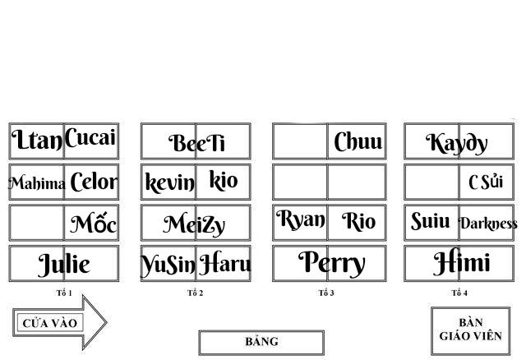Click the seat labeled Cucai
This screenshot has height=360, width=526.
click(90, 139)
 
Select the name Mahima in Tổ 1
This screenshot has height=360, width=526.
click(37, 183)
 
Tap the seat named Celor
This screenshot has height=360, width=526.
click(93, 182)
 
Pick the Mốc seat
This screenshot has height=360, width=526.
click(93, 224)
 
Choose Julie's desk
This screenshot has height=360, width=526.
click(64, 265)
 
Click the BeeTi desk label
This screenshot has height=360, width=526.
click(196, 143)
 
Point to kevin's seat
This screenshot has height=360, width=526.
click(169, 182)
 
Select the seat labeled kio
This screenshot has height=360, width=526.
click(223, 181)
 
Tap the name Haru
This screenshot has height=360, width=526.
click(224, 265)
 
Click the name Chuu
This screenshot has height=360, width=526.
click(358, 142)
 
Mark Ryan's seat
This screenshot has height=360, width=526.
click(301, 221)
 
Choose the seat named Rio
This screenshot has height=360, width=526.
click(358, 222)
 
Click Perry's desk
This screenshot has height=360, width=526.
click(330, 264)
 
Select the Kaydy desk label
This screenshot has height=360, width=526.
click(457, 143)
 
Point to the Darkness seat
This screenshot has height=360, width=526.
click(487, 224)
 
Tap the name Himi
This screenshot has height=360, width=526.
click(461, 264)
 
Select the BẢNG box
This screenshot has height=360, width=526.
click(261, 342)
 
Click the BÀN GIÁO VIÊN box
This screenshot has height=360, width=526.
click(470, 330)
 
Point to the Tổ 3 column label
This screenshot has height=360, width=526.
click(326, 293)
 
